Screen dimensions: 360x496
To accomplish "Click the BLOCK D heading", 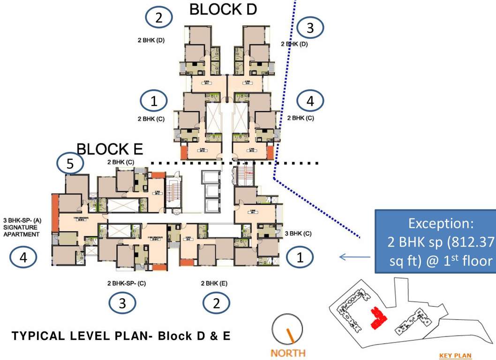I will [x=223, y=9].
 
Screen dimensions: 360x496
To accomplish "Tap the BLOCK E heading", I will [x=110, y=149].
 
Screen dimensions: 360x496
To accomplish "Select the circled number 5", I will [x=70, y=164].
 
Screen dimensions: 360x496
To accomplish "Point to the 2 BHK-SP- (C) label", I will [x=130, y=284].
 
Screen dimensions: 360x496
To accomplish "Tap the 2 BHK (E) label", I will [x=214, y=284].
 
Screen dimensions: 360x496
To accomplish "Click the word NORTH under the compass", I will [x=288, y=352].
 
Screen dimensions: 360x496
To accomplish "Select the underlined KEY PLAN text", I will [x=455, y=356].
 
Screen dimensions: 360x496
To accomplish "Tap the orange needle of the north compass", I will [x=292, y=335].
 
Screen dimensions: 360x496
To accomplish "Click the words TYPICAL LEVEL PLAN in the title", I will [x=78, y=336].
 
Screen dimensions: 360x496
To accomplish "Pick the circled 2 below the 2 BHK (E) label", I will [x=216, y=303].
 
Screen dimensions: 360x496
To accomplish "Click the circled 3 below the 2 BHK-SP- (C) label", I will [x=122, y=303].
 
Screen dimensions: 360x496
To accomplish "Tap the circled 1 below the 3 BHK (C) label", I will [x=301, y=257].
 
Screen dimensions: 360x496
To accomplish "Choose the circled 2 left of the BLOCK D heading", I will [x=159, y=18].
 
